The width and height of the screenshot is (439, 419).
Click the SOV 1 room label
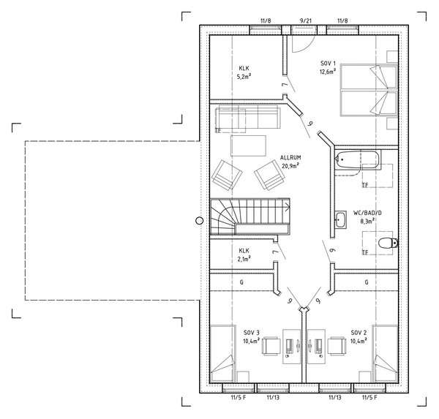tap(328, 64)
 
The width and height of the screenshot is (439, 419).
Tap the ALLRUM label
tap(291, 157)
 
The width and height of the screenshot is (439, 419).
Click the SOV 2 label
tap(358, 333)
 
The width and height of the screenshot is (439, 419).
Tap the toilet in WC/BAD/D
tap(386, 243)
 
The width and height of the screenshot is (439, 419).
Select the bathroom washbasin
tap(342, 218)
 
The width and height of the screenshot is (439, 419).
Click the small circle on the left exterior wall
tap(198, 219)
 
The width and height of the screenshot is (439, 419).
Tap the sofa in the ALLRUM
tap(246, 118)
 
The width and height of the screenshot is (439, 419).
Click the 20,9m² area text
tap(291, 165)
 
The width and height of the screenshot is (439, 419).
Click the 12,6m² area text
tap(328, 72)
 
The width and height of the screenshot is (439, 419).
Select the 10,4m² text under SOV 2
tap(358, 340)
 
